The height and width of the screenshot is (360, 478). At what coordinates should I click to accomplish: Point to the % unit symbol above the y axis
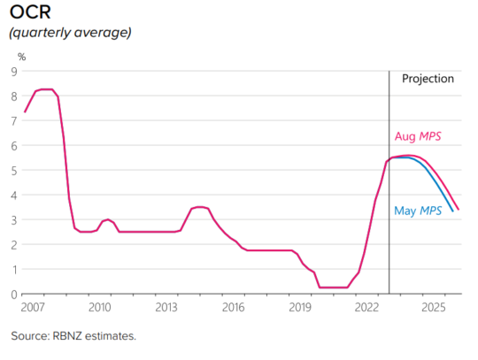pyautogui.click(x=21, y=57)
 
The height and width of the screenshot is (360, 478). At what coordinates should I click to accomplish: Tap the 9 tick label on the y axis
pyautogui.click(x=13, y=72)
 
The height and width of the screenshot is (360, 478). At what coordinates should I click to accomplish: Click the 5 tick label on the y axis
pyautogui.click(x=13, y=170)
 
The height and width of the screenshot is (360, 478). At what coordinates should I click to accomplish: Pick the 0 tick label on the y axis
pyautogui.click(x=13, y=294)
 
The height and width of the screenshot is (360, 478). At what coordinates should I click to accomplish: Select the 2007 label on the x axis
pyautogui.click(x=32, y=307)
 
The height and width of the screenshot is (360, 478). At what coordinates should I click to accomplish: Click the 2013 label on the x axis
pyautogui.click(x=166, y=307)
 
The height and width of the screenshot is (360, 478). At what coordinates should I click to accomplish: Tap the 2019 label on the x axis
pyautogui.click(x=300, y=307)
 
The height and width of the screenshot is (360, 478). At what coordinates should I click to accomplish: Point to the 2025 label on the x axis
pyautogui.click(x=434, y=307)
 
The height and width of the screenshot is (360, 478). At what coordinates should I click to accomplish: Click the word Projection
pyautogui.click(x=428, y=79)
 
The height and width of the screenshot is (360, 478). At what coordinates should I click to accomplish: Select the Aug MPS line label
pyautogui.click(x=417, y=137)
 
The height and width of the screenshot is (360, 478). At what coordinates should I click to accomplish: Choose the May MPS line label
pyautogui.click(x=417, y=211)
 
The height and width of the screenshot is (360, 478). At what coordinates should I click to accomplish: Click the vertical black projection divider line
pyautogui.click(x=389, y=221)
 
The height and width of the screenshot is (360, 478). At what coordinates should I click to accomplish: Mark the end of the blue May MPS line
pyautogui.click(x=453, y=211)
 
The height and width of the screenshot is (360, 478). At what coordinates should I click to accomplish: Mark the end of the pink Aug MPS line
pyautogui.click(x=459, y=210)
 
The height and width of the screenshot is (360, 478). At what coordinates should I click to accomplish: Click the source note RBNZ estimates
pyautogui.click(x=73, y=336)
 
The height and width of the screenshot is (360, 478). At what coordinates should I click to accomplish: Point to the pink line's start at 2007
pyautogui.click(x=25, y=111)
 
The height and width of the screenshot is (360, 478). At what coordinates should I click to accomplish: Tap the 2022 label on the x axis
pyautogui.click(x=367, y=307)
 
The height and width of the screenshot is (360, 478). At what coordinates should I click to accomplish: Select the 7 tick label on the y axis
pyautogui.click(x=13, y=120)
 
